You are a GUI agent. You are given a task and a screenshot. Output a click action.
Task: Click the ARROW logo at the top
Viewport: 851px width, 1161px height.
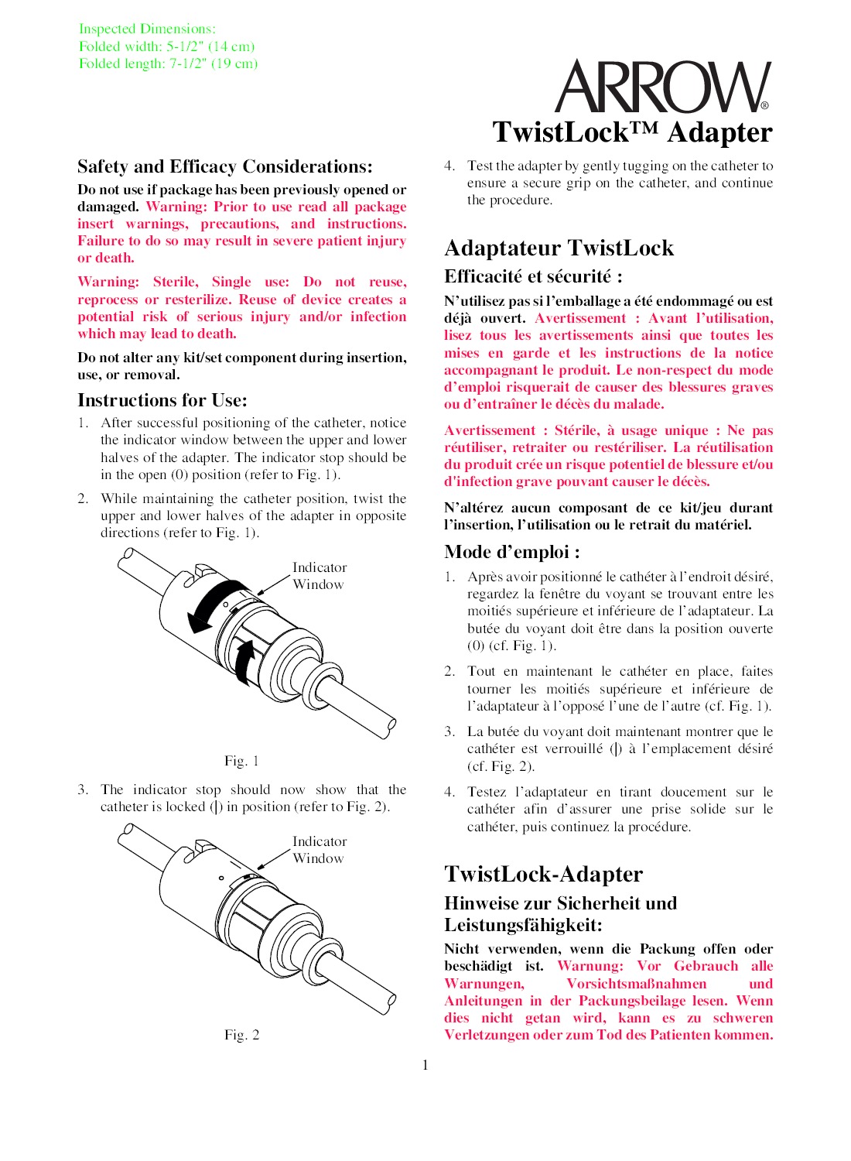tap(662, 87)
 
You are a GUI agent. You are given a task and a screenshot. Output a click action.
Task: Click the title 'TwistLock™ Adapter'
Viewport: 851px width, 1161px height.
tap(632, 132)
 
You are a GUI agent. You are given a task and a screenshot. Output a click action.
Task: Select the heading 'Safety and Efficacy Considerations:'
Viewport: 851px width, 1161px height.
tap(224, 167)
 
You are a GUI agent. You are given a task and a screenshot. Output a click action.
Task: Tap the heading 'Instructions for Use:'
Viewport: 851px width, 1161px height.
tap(162, 400)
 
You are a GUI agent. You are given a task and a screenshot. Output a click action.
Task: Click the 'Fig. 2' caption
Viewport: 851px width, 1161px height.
tap(241, 1035)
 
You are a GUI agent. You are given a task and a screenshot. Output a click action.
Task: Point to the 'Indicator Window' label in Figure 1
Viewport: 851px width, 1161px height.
tap(319, 576)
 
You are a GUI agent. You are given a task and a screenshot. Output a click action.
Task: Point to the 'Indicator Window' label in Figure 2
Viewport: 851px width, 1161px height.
tap(319, 850)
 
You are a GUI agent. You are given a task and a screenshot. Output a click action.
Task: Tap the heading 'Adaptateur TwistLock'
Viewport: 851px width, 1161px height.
tap(559, 248)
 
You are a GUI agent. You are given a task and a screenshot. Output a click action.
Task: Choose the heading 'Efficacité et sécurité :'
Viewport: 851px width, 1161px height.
tap(533, 277)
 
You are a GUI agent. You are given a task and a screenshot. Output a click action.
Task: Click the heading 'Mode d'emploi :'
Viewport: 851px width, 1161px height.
tap(512, 552)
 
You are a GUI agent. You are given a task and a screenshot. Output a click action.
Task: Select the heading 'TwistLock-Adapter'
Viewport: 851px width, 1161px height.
tap(543, 875)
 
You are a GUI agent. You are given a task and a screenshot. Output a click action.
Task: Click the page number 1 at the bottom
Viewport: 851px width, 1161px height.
tap(425, 1065)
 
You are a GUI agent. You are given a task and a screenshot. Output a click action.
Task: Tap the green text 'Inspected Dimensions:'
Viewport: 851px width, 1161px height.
tap(147, 29)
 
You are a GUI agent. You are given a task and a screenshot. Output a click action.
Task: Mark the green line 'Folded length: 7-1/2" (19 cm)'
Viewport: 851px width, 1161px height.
tap(168, 63)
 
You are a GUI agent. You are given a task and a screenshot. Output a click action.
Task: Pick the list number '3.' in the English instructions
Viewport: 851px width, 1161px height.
tap(83, 789)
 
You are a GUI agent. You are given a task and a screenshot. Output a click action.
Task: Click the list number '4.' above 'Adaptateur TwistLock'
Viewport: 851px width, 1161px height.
tap(449, 166)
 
